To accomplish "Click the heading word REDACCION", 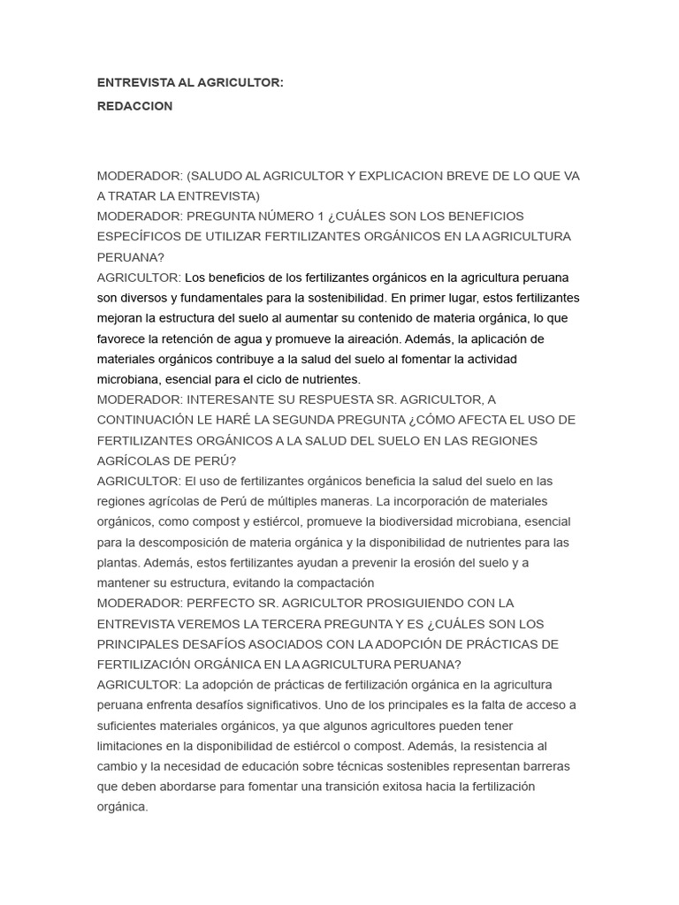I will tap(134, 106).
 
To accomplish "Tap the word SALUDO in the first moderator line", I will tap(217, 176).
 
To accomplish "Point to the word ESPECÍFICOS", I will tap(138, 237).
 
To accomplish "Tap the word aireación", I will tap(371, 338).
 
